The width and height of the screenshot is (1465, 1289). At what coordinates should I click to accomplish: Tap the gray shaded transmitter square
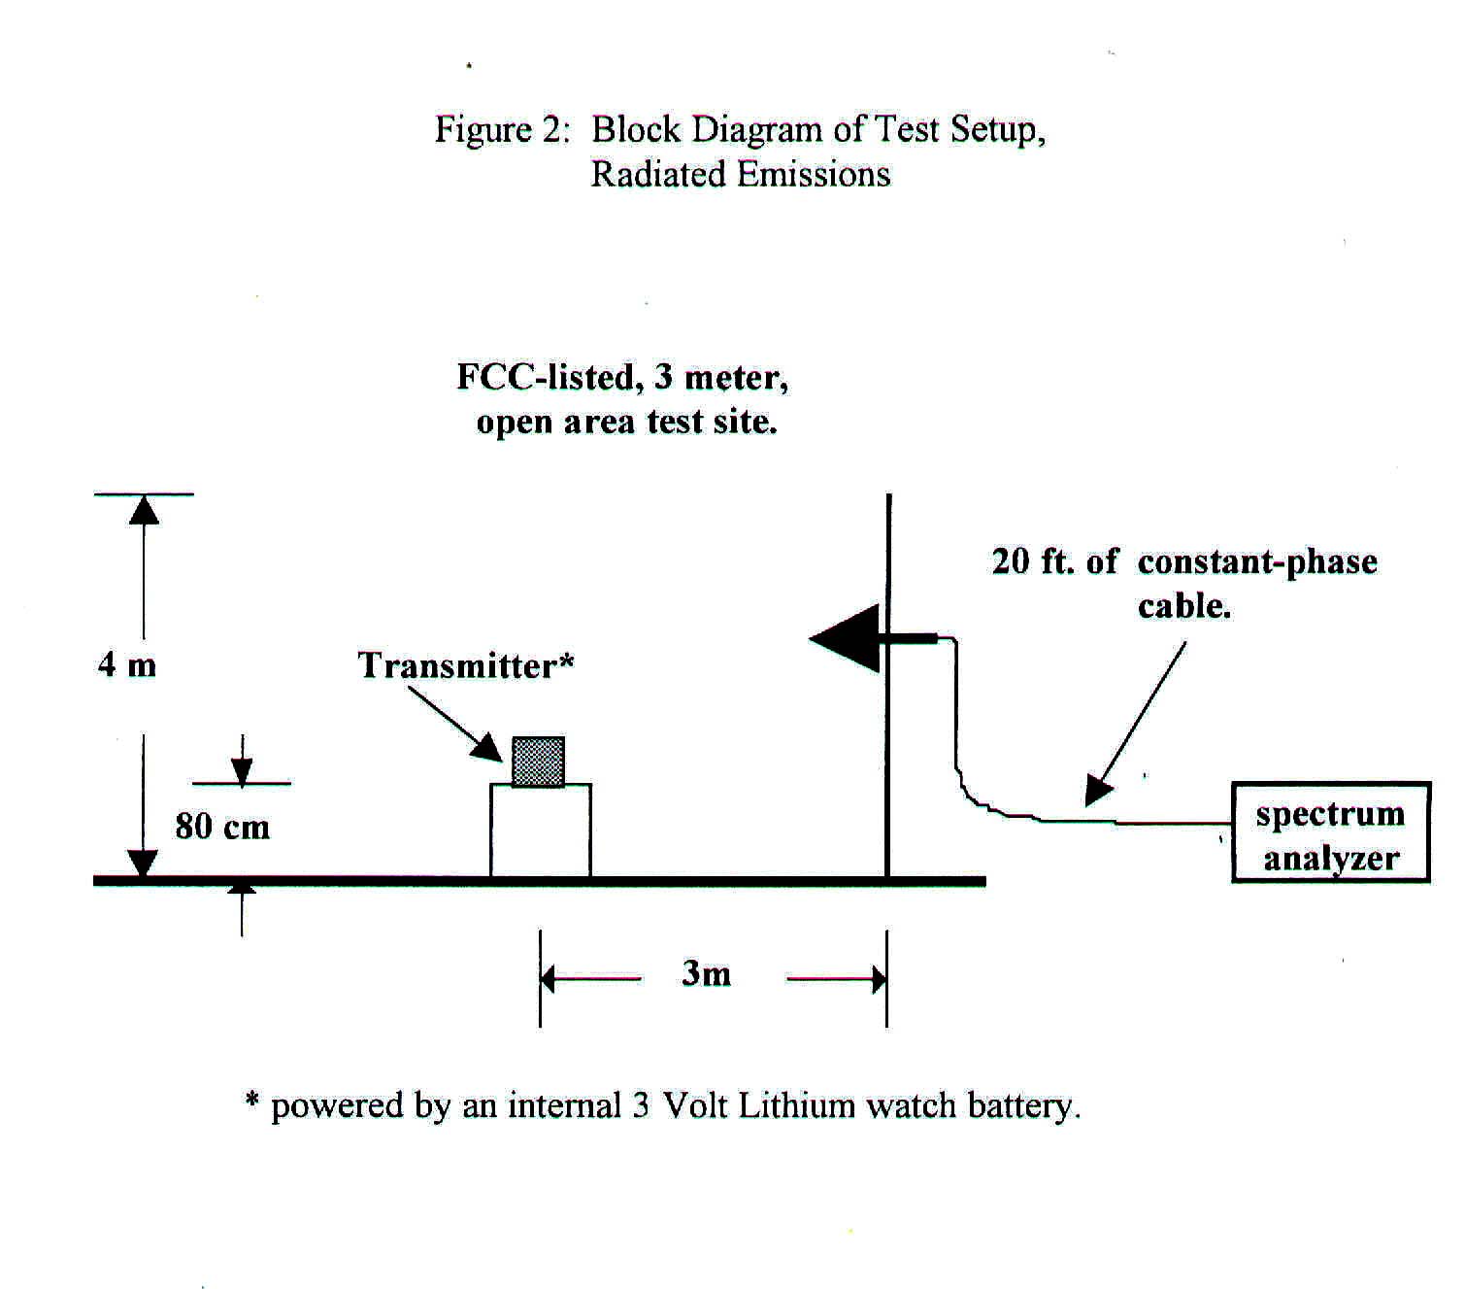(538, 761)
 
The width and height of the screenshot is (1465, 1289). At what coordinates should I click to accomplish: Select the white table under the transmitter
(540, 831)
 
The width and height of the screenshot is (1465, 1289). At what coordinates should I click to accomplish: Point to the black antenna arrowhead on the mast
(844, 638)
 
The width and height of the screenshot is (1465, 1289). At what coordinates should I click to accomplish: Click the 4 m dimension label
(127, 664)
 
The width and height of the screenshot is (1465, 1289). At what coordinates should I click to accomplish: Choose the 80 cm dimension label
(222, 826)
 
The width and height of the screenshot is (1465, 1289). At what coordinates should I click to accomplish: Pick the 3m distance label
(706, 972)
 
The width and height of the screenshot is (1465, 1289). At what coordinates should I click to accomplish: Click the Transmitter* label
(466, 665)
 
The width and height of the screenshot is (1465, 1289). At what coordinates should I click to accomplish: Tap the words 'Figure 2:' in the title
(499, 129)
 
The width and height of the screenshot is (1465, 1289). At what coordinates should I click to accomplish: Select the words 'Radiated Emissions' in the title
(741, 174)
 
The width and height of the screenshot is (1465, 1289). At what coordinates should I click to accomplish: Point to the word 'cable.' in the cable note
(1184, 606)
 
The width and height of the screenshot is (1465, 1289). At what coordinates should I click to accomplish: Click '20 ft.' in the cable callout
(1032, 561)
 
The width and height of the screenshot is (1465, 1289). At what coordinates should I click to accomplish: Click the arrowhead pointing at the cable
(1098, 791)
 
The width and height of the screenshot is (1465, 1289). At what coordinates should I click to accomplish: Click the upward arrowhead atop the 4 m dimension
(144, 509)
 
